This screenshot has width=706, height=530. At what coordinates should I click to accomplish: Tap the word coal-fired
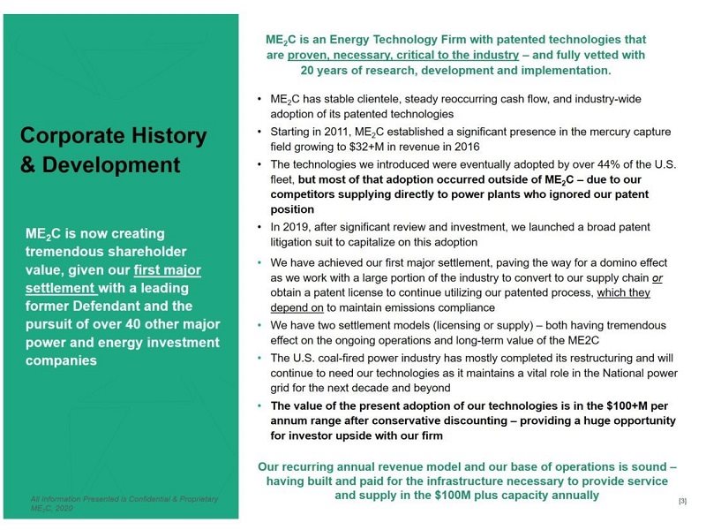[x=342, y=359]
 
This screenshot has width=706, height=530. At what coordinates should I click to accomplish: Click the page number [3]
[x=681, y=502]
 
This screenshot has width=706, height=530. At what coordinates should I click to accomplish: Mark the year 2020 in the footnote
[x=62, y=509]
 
